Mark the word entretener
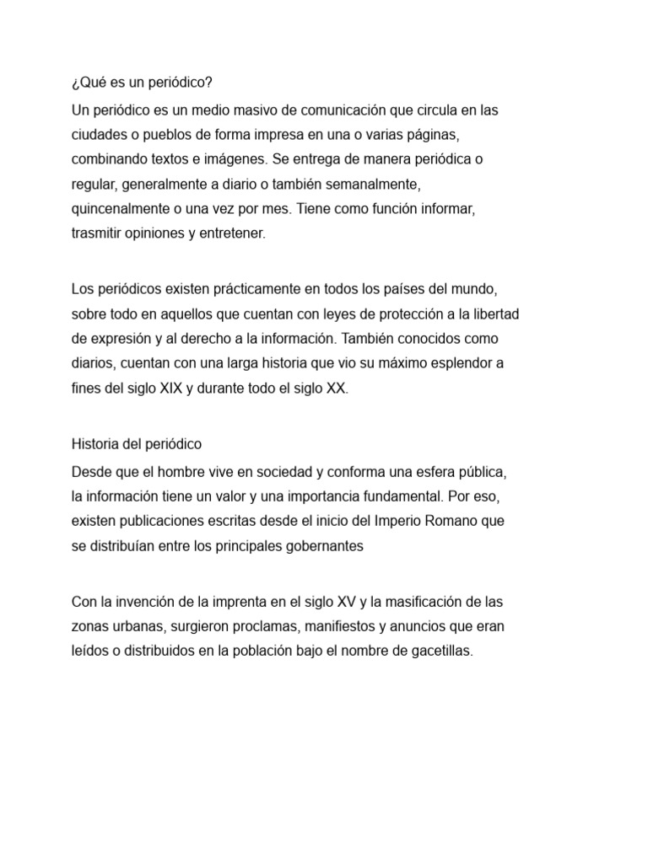(x=233, y=233)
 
